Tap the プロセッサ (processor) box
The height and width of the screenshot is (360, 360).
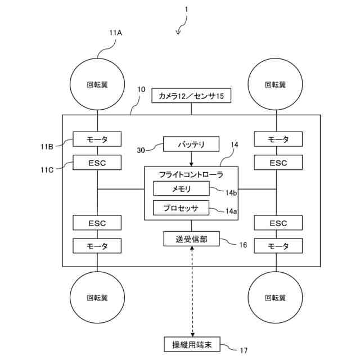tap(181, 208)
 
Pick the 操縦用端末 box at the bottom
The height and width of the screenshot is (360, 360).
tap(188, 344)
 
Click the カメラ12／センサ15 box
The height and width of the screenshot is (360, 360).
tap(192, 96)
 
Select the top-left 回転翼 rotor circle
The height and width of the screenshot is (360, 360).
tap(97, 84)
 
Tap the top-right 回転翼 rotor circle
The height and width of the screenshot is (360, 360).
tap(275, 84)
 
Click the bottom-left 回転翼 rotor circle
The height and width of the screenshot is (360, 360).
tap(97, 298)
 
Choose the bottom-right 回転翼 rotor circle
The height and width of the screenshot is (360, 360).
tap(275, 298)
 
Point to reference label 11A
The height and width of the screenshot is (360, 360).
tap(116, 33)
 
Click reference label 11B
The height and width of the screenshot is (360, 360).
tap(47, 147)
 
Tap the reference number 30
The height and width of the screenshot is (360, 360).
tap(141, 150)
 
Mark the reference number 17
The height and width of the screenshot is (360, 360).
tap(244, 350)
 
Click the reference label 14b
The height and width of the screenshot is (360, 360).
tap(231, 193)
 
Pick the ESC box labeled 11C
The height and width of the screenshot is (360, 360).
tap(97, 163)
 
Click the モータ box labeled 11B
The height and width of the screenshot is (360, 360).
tap(97, 139)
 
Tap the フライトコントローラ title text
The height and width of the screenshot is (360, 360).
tap(191, 174)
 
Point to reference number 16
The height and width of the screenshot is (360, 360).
tap(243, 245)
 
